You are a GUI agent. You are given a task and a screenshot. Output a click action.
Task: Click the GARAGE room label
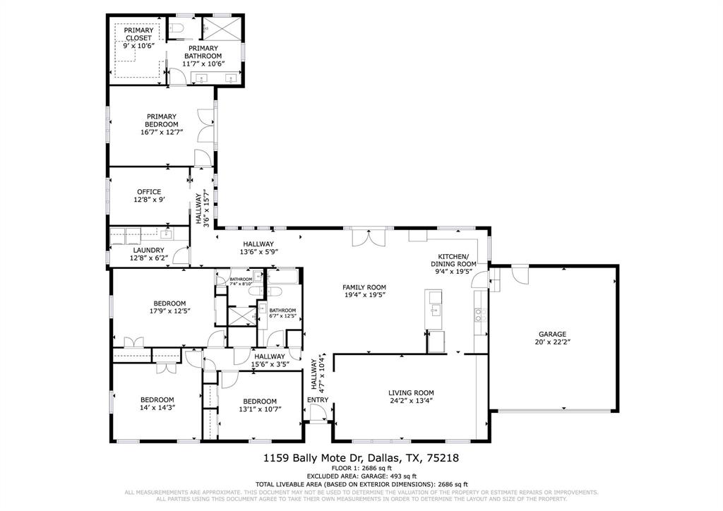[x=554, y=335]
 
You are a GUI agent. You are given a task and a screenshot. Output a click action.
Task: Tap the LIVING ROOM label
[x=410, y=393]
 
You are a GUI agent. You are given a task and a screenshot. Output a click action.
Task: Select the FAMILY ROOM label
[x=364, y=287]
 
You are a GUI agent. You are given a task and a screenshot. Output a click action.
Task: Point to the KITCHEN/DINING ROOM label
[x=457, y=260]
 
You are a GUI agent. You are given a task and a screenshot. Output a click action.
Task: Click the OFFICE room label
[x=149, y=191]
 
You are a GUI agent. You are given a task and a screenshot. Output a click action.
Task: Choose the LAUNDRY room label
[x=149, y=250]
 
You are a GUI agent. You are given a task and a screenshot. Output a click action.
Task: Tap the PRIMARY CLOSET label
[x=138, y=34]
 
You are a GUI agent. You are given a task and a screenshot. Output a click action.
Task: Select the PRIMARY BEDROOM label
[x=161, y=120]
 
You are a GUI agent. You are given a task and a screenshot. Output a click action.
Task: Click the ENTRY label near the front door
[x=317, y=401]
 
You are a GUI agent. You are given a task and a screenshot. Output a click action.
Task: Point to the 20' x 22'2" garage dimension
[x=554, y=343]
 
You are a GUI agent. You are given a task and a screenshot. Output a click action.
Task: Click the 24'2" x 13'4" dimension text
[x=410, y=402]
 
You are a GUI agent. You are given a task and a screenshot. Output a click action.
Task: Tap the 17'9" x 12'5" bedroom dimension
[x=169, y=311]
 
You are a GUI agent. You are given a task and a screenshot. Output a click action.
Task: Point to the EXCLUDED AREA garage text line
[x=361, y=476]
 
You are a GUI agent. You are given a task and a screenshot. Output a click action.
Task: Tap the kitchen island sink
[x=435, y=311]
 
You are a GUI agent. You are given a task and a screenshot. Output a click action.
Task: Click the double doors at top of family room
[x=366, y=237]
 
